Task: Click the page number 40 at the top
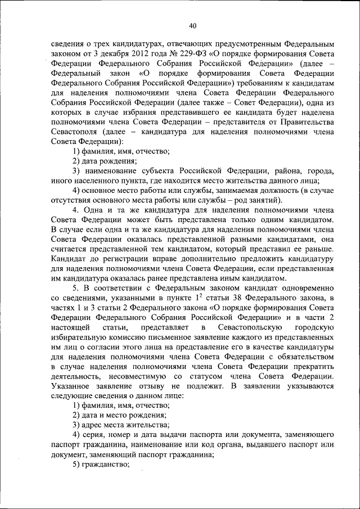coord(193,26)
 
